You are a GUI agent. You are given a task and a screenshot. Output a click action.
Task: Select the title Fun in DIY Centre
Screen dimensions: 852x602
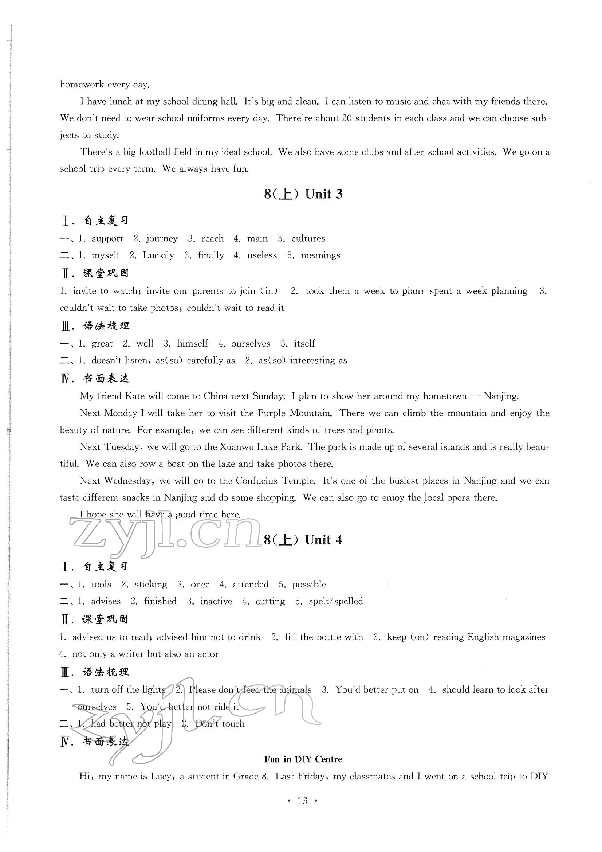coord(303,759)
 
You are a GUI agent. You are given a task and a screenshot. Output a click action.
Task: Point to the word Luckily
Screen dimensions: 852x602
coord(158,255)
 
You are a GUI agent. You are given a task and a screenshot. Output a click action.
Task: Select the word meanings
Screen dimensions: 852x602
coord(320,256)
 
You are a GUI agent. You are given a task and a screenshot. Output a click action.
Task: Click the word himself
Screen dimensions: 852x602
coord(192,344)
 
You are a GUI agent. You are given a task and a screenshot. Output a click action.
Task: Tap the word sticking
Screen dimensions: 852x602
coord(151,585)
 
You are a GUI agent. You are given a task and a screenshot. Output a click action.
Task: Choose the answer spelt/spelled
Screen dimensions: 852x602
coord(336,601)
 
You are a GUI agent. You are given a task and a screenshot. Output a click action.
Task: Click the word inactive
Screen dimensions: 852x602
coord(216,601)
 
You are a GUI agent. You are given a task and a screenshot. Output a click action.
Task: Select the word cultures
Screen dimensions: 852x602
coord(308,239)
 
